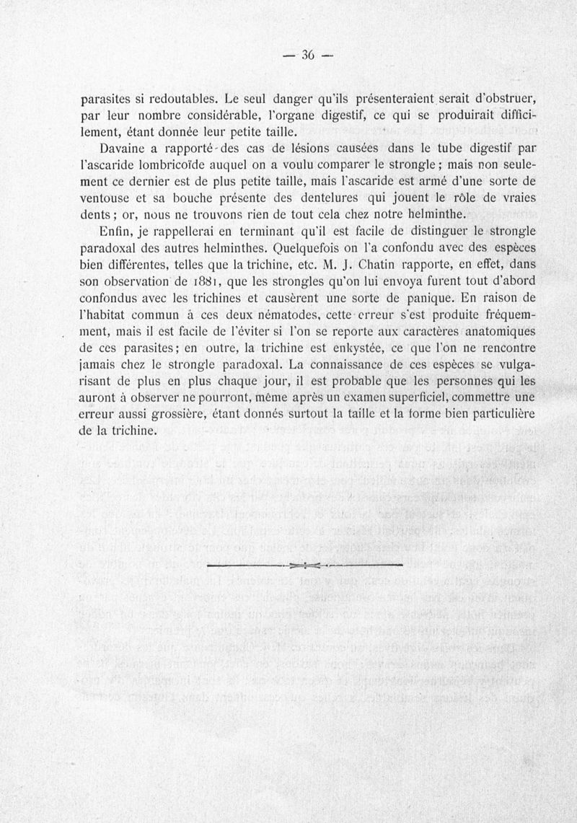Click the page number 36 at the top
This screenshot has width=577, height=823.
click(308, 56)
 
